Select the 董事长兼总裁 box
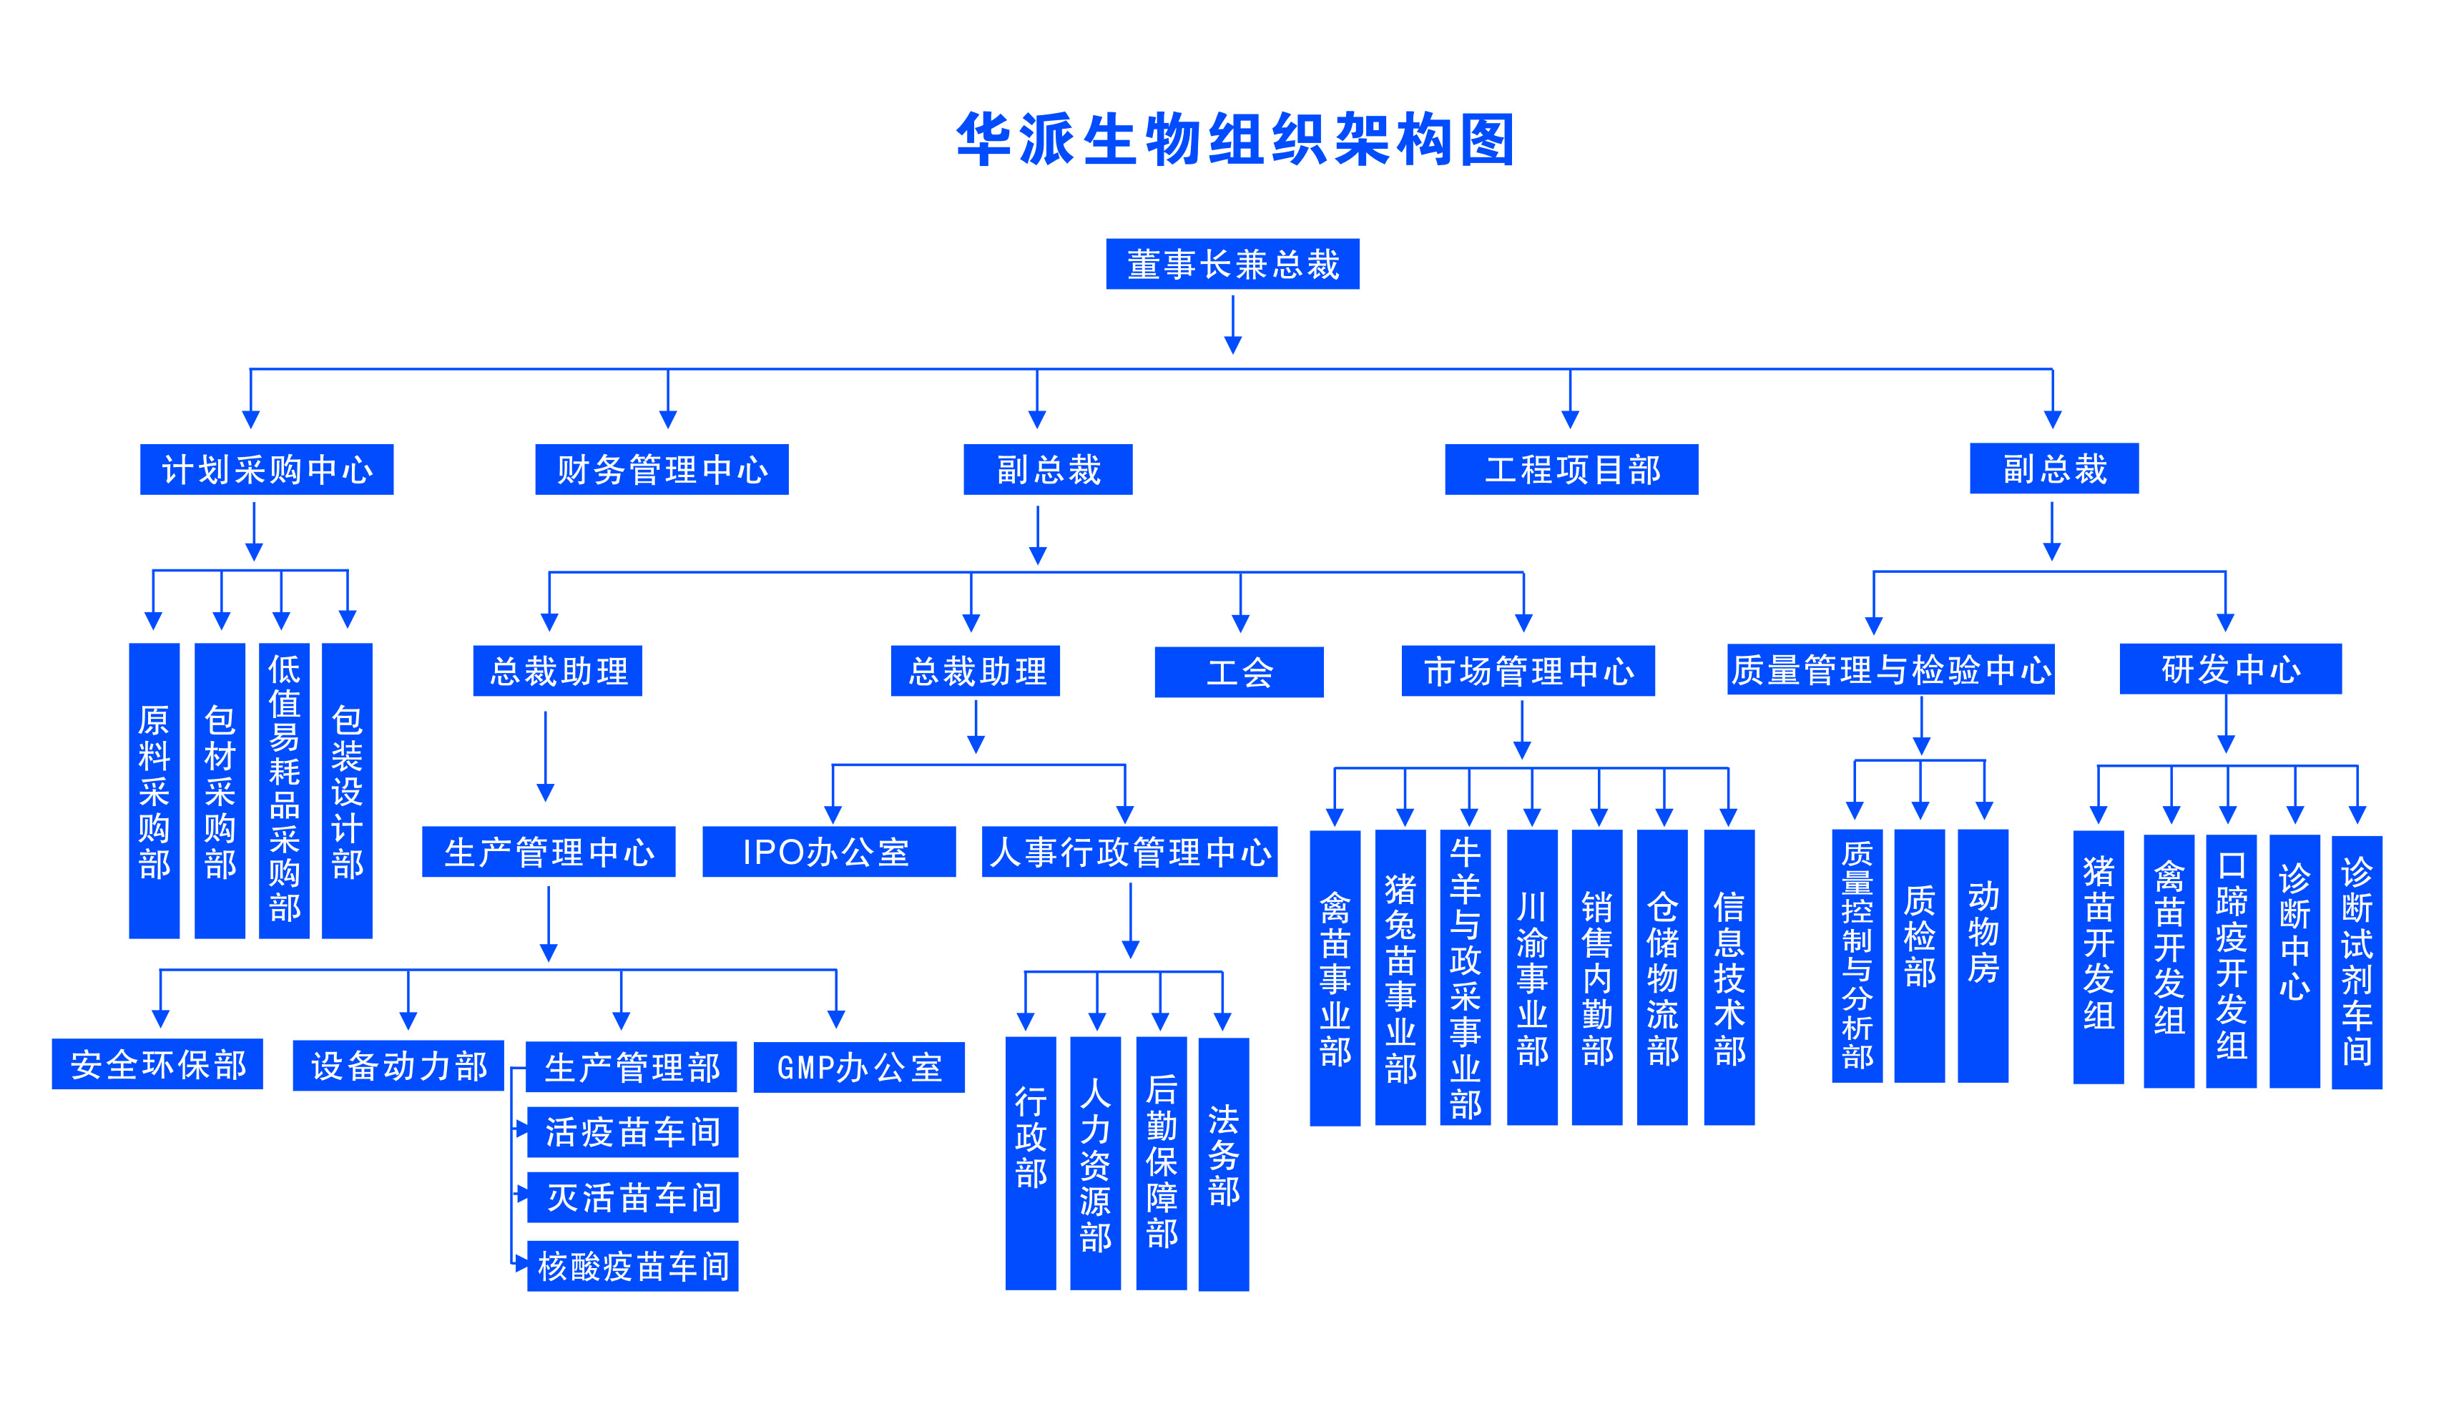pos(1232,263)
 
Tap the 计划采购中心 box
pos(266,469)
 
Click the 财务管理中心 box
pos(662,469)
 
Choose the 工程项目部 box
pos(1571,469)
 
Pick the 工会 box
pos(1240,672)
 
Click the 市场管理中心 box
pos(1528,671)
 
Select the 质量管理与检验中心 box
pos(1890,669)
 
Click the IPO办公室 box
pos(828,851)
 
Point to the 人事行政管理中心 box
pos(1129,851)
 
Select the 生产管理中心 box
pos(549,851)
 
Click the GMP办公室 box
pos(859,1067)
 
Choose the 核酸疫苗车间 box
pos(632,1266)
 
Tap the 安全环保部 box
pos(157,1064)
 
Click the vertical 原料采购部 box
pos(154,790)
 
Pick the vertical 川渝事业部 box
pos(1532,977)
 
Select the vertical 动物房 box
pos(1983,956)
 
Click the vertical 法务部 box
pos(1224,1164)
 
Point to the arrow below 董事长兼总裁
pos(1232,325)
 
